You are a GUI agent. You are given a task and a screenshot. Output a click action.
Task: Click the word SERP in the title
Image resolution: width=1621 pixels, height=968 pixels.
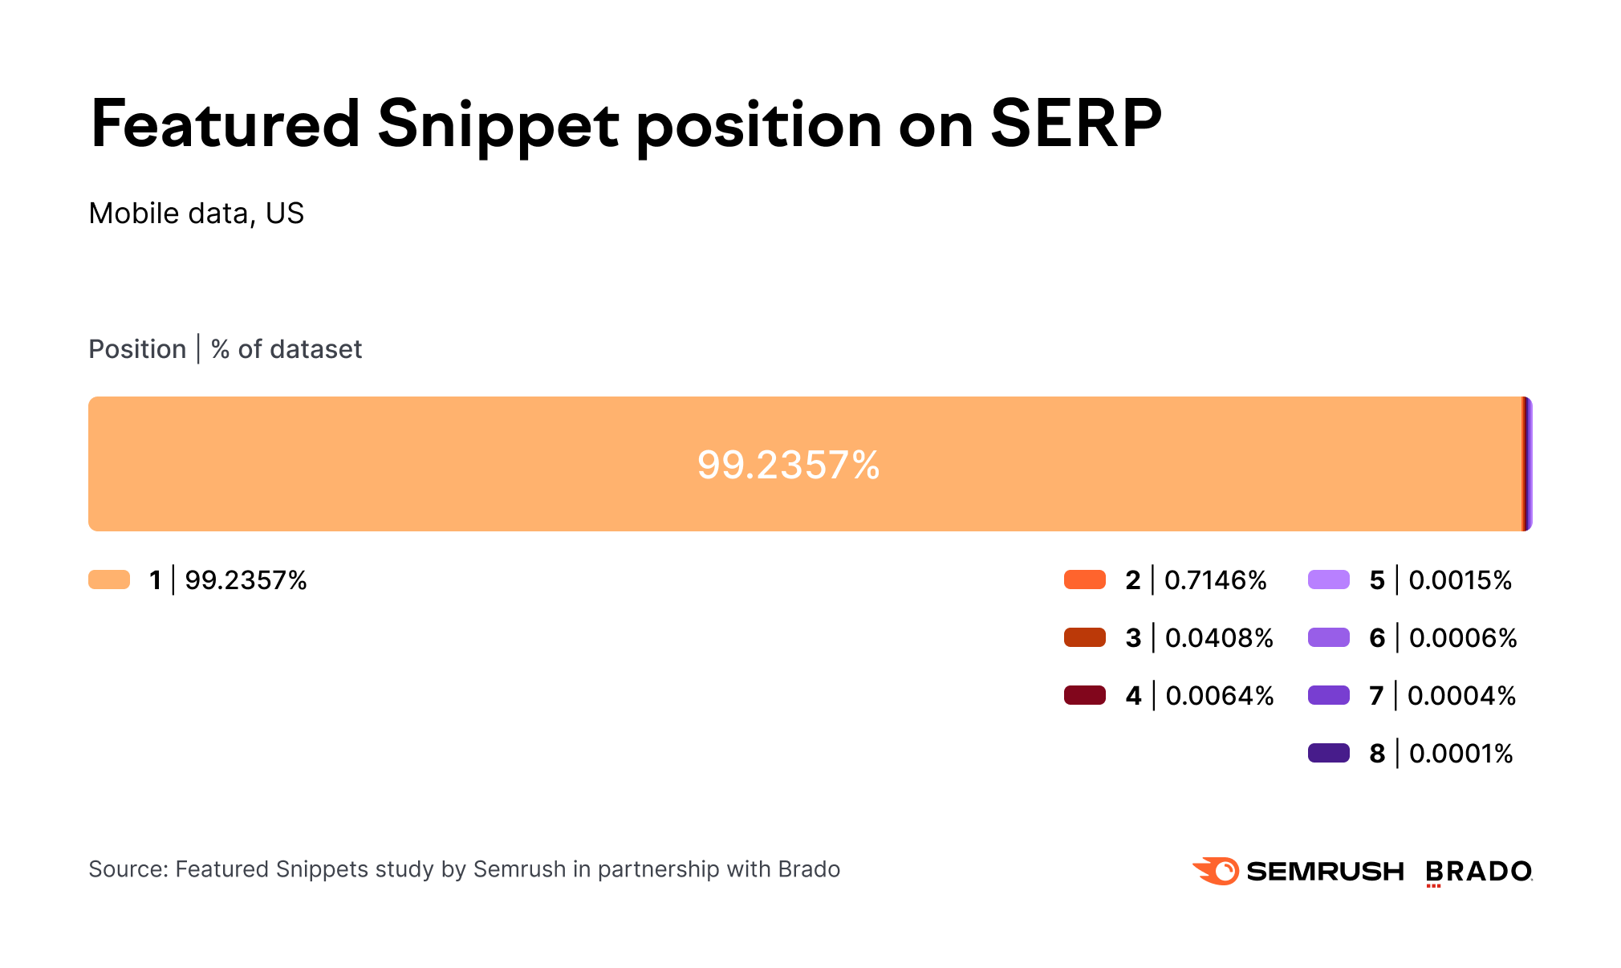pyautogui.click(x=1075, y=124)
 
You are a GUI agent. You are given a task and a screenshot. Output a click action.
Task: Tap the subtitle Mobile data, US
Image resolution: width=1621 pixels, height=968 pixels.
pyautogui.click(x=197, y=214)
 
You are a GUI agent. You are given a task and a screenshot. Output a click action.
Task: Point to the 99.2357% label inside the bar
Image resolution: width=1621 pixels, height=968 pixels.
pyautogui.click(x=788, y=465)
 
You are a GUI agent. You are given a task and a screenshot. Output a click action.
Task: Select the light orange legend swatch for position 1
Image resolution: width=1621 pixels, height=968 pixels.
pyautogui.click(x=109, y=580)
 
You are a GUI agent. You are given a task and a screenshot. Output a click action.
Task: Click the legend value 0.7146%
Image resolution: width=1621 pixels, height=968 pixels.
pyautogui.click(x=1215, y=580)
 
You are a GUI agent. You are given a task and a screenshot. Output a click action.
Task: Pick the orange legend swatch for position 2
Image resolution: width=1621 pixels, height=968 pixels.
pyautogui.click(x=1085, y=580)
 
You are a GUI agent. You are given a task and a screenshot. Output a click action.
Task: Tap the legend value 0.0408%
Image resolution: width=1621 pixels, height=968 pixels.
pyautogui.click(x=1219, y=638)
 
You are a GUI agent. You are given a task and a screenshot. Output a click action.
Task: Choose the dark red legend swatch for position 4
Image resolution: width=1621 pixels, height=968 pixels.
pyautogui.click(x=1085, y=695)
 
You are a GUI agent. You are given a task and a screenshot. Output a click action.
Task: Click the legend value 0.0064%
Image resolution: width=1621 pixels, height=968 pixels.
pyautogui.click(x=1220, y=696)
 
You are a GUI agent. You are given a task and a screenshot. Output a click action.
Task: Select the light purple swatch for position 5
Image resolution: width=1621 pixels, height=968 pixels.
pyautogui.click(x=1329, y=580)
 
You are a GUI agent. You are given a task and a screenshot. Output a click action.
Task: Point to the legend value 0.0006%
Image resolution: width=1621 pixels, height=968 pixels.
pyautogui.click(x=1463, y=638)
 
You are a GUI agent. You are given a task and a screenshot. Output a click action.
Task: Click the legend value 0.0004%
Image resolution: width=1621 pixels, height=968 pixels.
pyautogui.click(x=1461, y=696)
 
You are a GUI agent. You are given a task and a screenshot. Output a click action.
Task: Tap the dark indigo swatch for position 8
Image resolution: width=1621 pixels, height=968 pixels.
pyautogui.click(x=1329, y=753)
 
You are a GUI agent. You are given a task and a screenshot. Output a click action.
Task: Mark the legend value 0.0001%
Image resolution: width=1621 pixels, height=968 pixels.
pyautogui.click(x=1461, y=754)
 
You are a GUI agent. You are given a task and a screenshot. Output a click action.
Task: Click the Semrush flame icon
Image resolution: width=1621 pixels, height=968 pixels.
pyautogui.click(x=1216, y=871)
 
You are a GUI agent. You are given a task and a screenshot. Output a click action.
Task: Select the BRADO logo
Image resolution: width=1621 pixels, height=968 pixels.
pyautogui.click(x=1478, y=872)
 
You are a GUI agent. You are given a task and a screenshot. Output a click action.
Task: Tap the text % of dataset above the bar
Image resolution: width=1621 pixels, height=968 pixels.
pyautogui.click(x=286, y=349)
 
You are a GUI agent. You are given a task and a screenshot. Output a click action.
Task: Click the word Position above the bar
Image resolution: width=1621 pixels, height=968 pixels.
pyautogui.click(x=137, y=349)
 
